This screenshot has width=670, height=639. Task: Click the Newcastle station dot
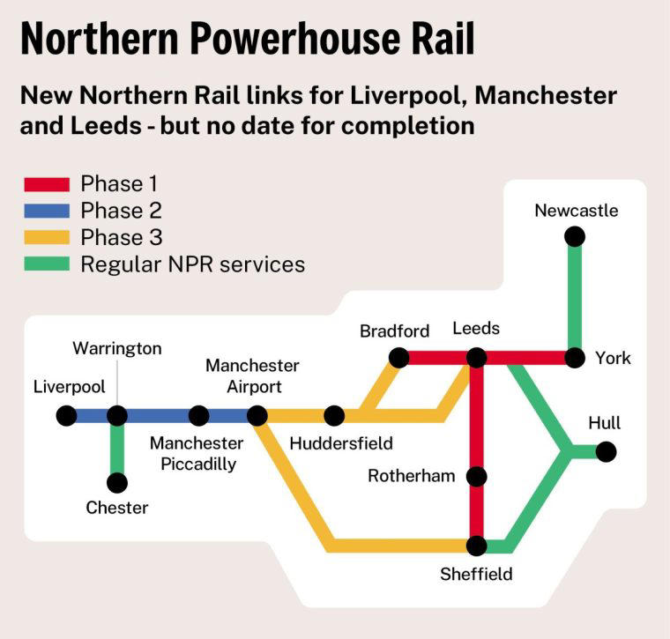pyautogui.click(x=575, y=236)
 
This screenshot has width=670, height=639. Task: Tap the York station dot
pyautogui.click(x=575, y=358)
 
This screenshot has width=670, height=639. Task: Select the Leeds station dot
pyautogui.click(x=477, y=358)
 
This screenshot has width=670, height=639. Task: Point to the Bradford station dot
pyautogui.click(x=398, y=358)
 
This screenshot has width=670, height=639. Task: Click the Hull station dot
pyautogui.click(x=606, y=451)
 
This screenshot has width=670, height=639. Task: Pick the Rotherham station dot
pyautogui.click(x=477, y=477)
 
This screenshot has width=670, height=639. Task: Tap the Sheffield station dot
pyautogui.click(x=477, y=546)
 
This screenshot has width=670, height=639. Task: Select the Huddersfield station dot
pyautogui.click(x=334, y=415)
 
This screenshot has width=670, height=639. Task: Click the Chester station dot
pyautogui.click(x=117, y=483)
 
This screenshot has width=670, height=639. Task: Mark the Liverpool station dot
pyautogui.click(x=66, y=415)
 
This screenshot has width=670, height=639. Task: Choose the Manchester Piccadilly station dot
pyautogui.click(x=199, y=415)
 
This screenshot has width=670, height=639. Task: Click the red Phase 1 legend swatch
pyautogui.click(x=46, y=184)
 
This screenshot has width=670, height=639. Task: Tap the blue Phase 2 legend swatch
pyautogui.click(x=46, y=211)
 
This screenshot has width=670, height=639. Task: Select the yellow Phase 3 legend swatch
pyautogui.click(x=46, y=237)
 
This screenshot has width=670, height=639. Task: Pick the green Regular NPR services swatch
pyautogui.click(x=46, y=264)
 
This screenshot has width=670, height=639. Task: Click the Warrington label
pyautogui.click(x=117, y=348)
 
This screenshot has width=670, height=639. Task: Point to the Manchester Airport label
pyautogui.click(x=252, y=375)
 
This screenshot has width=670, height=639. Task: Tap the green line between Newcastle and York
pyautogui.click(x=575, y=297)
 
